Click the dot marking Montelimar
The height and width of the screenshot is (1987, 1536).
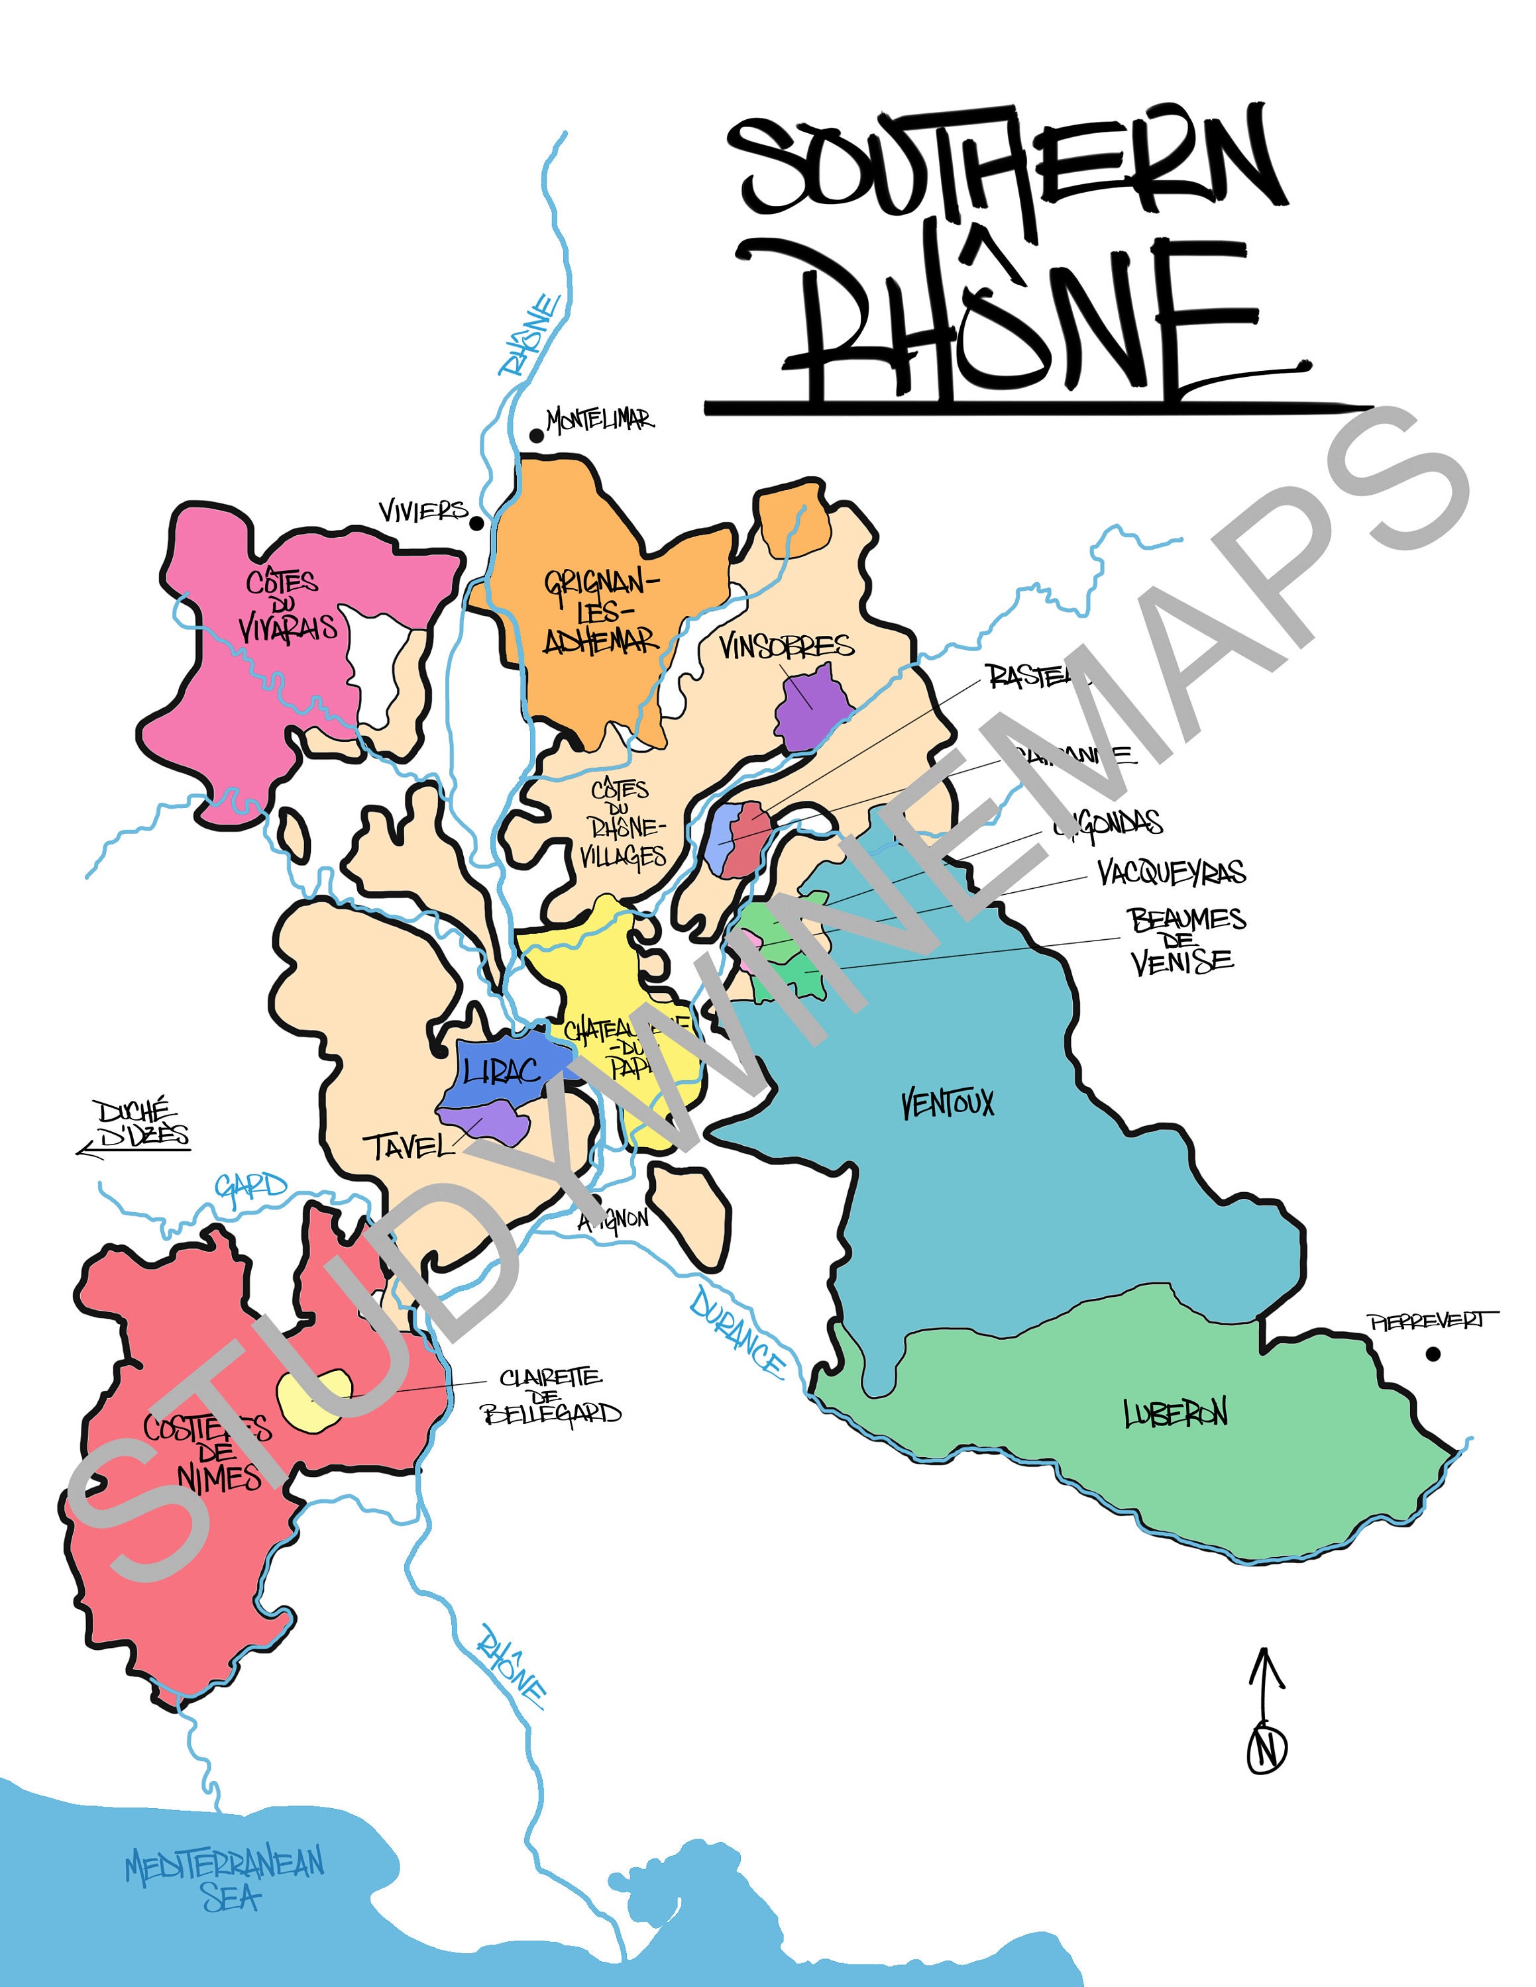click(x=537, y=436)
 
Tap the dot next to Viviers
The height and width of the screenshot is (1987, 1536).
click(x=476, y=523)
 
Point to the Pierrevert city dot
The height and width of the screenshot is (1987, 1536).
click(x=1433, y=1354)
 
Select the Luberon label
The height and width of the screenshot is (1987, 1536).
click(x=1175, y=1413)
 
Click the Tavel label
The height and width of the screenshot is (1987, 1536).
click(x=408, y=1146)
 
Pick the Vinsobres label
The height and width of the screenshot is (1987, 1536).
click(x=786, y=646)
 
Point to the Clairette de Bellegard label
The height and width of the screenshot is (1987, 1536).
click(x=551, y=1397)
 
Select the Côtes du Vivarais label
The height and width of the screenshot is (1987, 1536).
click(x=286, y=604)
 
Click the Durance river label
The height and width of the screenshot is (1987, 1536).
click(x=737, y=1332)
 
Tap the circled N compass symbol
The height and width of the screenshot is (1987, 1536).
click(x=1267, y=1748)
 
